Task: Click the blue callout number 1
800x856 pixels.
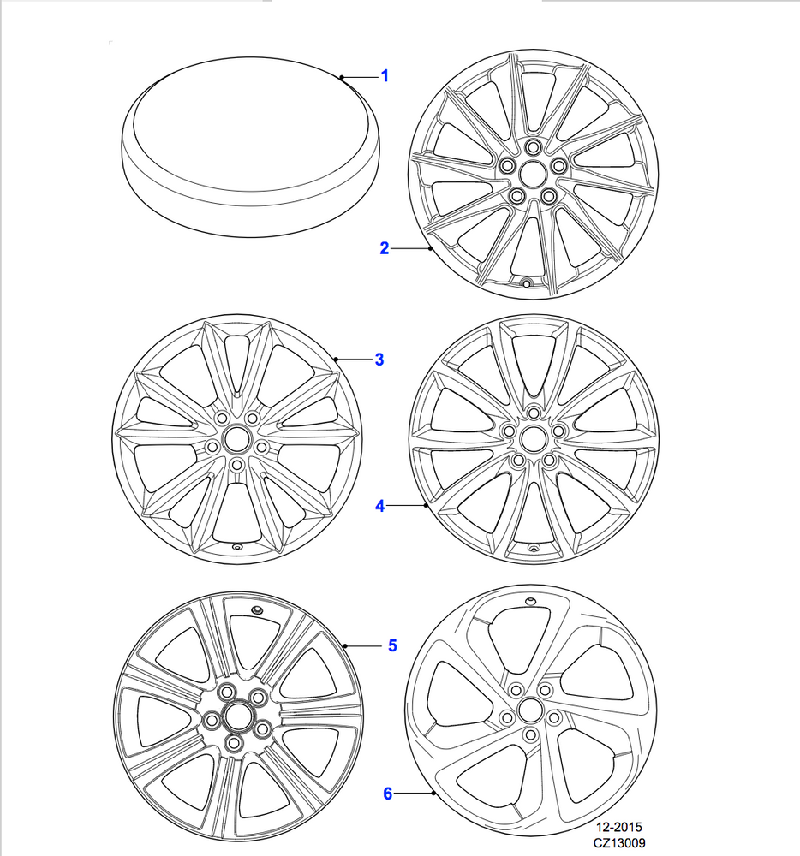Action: click(x=385, y=76)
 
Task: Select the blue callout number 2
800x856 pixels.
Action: click(x=385, y=248)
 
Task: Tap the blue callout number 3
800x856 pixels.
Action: click(x=379, y=360)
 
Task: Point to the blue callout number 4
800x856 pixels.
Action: click(x=380, y=506)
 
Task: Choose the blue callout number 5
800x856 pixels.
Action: click(x=392, y=645)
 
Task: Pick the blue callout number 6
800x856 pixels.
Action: click(x=388, y=794)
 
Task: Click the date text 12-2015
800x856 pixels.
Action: click(x=618, y=827)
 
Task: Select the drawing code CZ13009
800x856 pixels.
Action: click(x=619, y=843)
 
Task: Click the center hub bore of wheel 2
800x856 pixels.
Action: click(x=533, y=174)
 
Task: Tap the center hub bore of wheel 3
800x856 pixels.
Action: click(x=236, y=439)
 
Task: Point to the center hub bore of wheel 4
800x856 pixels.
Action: click(x=534, y=438)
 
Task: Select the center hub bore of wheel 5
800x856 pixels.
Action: click(x=236, y=716)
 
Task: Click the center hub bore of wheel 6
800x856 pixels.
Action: click(x=529, y=710)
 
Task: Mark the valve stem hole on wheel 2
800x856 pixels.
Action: click(x=527, y=283)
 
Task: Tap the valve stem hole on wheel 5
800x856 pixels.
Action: click(x=257, y=609)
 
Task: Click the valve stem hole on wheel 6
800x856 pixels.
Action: click(x=529, y=602)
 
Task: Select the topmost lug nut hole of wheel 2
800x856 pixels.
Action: click(x=534, y=147)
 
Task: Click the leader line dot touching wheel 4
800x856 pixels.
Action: click(x=426, y=506)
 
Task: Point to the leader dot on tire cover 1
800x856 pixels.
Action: click(x=341, y=78)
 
